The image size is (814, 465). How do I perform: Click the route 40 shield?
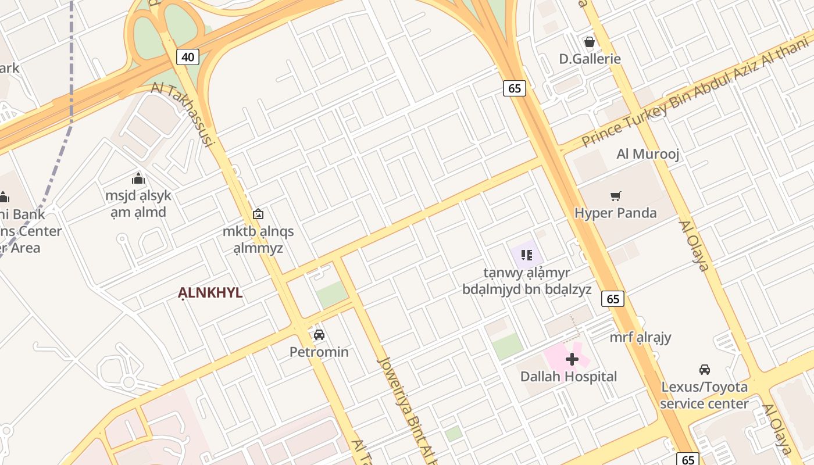coord(187,57)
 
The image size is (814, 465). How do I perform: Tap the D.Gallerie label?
coord(590,59)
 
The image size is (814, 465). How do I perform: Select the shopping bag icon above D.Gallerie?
coord(589,42)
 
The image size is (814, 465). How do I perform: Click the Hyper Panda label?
coord(615,213)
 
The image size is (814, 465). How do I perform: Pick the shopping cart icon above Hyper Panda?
coord(615,196)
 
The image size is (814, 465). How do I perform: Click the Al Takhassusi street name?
coord(184,114)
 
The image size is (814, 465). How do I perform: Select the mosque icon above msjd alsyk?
coord(138,178)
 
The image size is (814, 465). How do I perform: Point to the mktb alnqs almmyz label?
coord(258,239)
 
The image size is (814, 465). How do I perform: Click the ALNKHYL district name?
coord(210,293)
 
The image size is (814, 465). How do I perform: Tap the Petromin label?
coord(319,352)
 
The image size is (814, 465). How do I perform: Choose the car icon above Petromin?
coord(319,335)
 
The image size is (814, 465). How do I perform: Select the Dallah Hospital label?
coord(568,376)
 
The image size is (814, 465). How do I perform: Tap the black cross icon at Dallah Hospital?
coord(572,359)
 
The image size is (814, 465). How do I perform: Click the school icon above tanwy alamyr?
coord(527,255)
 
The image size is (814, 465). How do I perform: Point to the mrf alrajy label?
coord(640,337)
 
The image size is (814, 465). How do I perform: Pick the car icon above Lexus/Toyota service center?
coord(704,369)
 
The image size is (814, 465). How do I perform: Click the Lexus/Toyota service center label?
coord(704,395)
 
